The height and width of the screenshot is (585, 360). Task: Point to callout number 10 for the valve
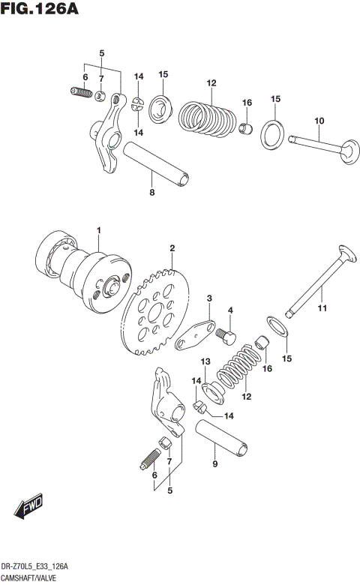point(319,121)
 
